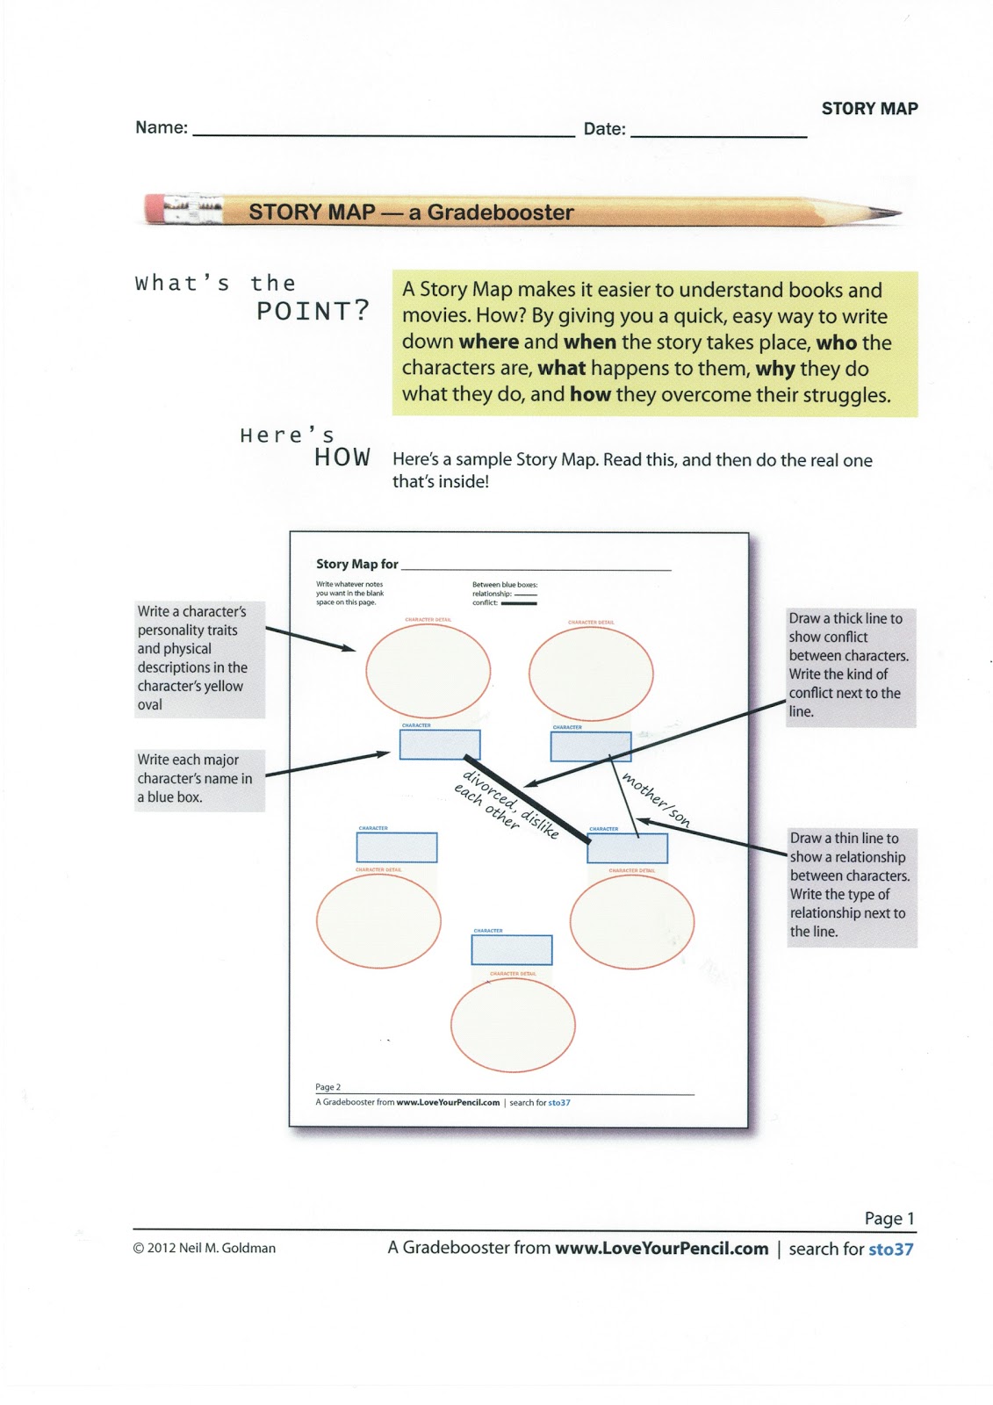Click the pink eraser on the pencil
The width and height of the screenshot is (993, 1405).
(156, 209)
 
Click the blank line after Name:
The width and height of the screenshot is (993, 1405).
(383, 134)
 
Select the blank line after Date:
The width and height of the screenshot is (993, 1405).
(718, 135)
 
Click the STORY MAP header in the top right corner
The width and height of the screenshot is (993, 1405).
(869, 109)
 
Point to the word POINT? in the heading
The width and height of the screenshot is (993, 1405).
(313, 312)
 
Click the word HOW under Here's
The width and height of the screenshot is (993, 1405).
(342, 458)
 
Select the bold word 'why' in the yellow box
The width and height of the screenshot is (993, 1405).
(775, 369)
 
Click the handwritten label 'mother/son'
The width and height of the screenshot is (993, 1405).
(656, 799)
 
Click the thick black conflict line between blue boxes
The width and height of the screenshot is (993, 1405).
(526, 799)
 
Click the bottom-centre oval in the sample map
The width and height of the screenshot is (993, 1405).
(513, 1025)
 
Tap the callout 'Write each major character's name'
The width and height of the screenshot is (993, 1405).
(198, 778)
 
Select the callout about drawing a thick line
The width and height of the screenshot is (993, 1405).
(850, 665)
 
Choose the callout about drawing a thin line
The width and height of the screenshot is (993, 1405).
(851, 885)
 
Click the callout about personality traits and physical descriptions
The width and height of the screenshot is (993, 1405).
(198, 658)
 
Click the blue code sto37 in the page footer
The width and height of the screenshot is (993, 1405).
(890, 1249)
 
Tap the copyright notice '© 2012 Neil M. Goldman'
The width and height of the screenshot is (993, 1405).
(204, 1248)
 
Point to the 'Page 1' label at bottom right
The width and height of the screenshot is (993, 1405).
(889, 1218)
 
